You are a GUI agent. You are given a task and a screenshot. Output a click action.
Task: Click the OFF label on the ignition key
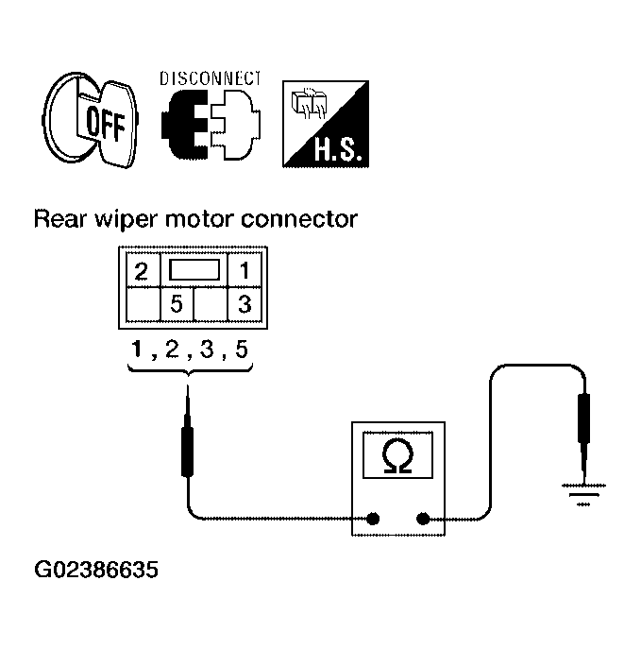click(x=105, y=124)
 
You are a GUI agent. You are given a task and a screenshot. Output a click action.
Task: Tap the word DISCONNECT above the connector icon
click(x=211, y=78)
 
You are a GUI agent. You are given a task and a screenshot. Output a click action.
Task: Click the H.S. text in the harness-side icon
click(x=338, y=149)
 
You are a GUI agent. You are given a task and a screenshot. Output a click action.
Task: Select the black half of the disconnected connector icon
click(x=184, y=125)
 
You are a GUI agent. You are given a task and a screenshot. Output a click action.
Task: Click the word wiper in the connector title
click(x=126, y=220)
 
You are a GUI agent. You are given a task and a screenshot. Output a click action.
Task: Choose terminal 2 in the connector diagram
click(x=142, y=271)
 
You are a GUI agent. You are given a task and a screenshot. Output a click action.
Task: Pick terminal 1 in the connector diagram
click(x=245, y=271)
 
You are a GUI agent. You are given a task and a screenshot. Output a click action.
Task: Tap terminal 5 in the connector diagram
click(x=177, y=304)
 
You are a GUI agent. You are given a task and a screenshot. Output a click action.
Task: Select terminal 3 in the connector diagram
click(x=245, y=304)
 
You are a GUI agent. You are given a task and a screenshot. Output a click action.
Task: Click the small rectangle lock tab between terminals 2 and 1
click(x=194, y=270)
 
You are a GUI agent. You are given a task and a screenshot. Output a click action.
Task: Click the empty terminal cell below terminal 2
click(x=143, y=304)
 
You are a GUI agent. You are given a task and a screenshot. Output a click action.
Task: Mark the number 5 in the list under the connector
click(x=241, y=350)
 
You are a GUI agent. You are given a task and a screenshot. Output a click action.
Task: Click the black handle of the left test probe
click(x=187, y=452)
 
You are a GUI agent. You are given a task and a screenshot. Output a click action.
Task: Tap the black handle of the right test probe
click(x=583, y=418)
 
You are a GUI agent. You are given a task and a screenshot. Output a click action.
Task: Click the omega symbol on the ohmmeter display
click(x=397, y=455)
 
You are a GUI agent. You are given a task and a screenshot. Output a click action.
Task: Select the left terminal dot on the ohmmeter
click(x=373, y=519)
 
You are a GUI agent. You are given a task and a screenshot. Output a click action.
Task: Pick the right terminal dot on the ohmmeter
click(x=423, y=519)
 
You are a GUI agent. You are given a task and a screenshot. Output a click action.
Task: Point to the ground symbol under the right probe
click(x=583, y=495)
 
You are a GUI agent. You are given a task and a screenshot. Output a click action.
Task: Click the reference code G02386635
click(x=96, y=570)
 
